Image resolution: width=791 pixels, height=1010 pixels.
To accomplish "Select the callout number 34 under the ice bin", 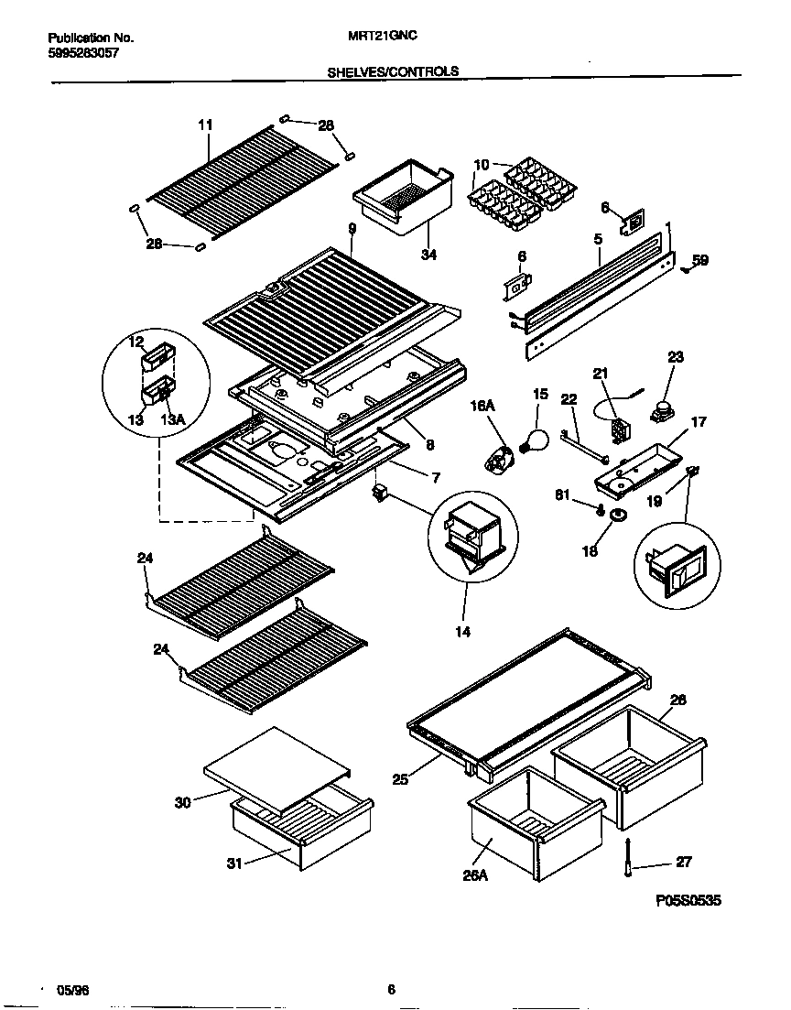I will click(428, 255).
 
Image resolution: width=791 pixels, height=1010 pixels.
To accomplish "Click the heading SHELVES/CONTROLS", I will click(394, 71).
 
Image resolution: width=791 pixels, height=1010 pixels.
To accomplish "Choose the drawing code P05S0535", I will click(688, 901).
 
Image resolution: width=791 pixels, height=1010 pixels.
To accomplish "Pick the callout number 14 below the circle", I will click(463, 632).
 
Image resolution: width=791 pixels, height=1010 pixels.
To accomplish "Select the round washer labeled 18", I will click(618, 517).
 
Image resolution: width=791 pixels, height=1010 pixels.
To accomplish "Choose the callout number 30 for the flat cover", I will click(184, 803).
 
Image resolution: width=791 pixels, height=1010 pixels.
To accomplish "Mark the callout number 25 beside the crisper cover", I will click(399, 779).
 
